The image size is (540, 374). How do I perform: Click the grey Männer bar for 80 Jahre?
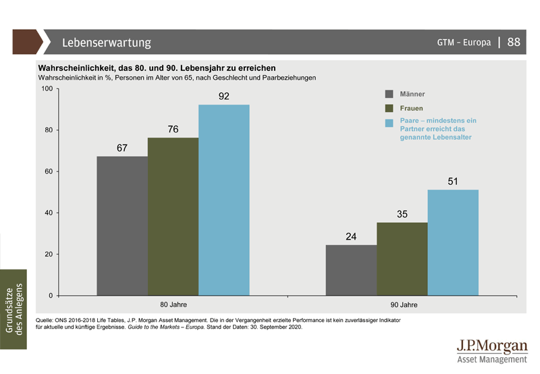point(122,226)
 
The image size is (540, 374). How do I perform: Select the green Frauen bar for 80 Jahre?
point(173,217)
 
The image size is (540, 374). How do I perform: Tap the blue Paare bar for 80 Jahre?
point(223,200)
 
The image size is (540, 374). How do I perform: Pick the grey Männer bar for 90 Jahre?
point(351,270)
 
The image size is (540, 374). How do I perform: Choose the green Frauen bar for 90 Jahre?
point(402,259)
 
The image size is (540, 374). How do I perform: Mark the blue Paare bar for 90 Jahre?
point(453,242)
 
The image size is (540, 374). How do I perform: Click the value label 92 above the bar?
point(224,97)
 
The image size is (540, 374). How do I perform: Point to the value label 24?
point(351,237)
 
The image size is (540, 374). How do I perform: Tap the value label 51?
point(454,182)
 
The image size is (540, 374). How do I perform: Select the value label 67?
point(122,148)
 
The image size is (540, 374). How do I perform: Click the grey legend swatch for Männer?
point(389,94)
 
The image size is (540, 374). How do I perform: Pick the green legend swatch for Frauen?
point(389,108)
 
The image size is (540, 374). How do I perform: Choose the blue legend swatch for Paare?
point(389,122)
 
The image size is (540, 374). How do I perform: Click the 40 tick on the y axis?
point(48,213)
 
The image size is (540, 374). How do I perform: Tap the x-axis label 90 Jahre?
point(404,305)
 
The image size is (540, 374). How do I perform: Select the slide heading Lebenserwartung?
point(107,43)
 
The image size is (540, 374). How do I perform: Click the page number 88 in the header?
point(514,42)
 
